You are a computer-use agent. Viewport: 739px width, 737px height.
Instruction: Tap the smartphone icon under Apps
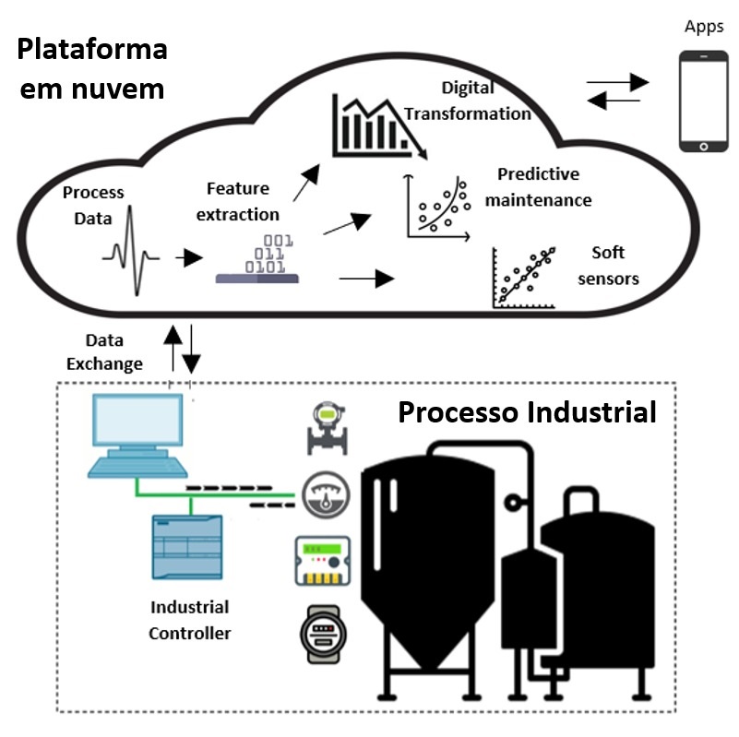tap(703, 101)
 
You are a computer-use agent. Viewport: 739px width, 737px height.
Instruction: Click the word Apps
tap(704, 27)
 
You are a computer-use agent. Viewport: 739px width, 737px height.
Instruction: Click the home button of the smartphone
tap(704, 147)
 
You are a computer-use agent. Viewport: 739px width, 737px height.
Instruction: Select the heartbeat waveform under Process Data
tap(131, 251)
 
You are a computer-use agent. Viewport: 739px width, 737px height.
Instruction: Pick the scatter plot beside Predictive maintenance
tap(437, 208)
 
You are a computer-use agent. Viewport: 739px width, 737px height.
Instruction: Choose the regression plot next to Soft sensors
tap(524, 278)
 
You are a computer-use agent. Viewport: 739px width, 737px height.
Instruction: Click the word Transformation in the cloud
tap(468, 114)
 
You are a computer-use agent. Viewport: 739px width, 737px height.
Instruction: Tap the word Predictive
tap(538, 174)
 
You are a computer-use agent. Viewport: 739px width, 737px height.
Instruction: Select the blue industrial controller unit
tap(187, 547)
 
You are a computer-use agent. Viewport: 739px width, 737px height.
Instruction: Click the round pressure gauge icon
tap(326, 495)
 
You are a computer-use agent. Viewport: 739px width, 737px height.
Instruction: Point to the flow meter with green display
tap(328, 428)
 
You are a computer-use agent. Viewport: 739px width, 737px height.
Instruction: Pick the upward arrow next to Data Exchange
tap(173, 349)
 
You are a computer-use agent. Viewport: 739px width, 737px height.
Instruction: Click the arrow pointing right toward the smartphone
tap(618, 82)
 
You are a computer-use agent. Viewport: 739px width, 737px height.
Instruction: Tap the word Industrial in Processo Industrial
tap(591, 412)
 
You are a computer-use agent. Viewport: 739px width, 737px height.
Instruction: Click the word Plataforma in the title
tap(92, 50)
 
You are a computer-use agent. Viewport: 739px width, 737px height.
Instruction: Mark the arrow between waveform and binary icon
tap(189, 257)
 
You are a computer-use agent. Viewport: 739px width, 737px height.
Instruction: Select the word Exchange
tap(104, 364)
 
